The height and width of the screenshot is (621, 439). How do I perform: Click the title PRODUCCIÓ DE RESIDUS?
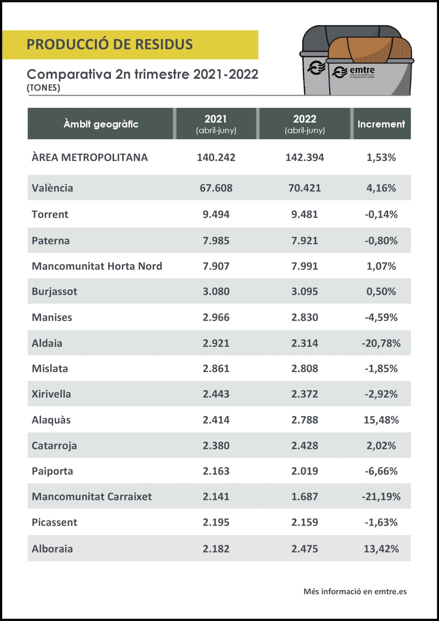[109, 44]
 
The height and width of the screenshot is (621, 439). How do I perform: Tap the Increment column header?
[381, 124]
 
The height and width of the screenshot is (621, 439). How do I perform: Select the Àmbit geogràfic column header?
[101, 124]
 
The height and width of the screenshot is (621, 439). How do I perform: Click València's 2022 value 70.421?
[304, 188]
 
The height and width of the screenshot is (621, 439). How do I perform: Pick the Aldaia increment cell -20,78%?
[381, 343]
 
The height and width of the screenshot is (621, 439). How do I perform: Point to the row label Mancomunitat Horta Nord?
[97, 266]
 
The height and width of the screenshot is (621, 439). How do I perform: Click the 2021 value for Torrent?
[216, 214]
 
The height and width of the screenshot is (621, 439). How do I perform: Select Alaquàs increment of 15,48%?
[381, 420]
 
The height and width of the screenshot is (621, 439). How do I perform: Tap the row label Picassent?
[55, 522]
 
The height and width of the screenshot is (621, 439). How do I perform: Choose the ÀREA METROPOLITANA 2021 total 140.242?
[216, 157]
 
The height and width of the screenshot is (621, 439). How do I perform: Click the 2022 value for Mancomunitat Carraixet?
[304, 496]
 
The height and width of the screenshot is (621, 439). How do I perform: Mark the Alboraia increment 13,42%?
[381, 549]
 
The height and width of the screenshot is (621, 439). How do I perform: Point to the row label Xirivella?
[51, 394]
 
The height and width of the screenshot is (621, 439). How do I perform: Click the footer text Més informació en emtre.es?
[355, 591]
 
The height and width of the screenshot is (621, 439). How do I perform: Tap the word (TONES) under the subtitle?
[44, 88]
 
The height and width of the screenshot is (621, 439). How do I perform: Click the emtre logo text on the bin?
[362, 70]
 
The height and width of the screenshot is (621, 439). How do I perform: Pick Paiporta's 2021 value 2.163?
[216, 471]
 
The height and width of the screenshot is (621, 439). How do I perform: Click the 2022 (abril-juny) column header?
[304, 124]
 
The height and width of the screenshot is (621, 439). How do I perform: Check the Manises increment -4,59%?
[381, 317]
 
